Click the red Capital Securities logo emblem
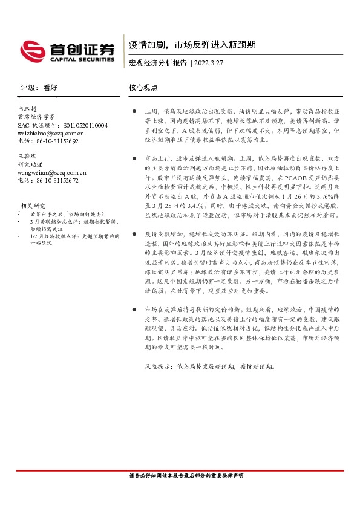pos(32,48)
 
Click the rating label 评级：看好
pos(38,88)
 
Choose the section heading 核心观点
pos(143,88)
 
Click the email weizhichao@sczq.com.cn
pos(51,133)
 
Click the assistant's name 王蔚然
pos(28,155)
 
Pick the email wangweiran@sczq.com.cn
pos(52,172)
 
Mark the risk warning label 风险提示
pos(158,366)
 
